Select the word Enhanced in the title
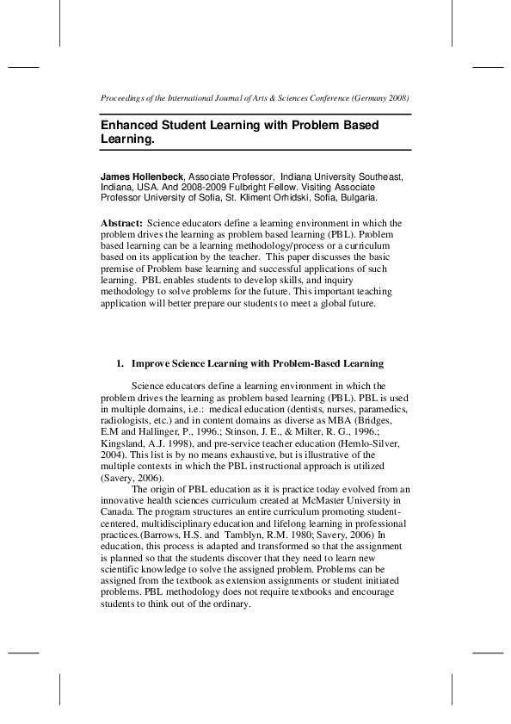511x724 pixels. [131, 125]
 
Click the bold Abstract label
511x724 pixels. [121, 223]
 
